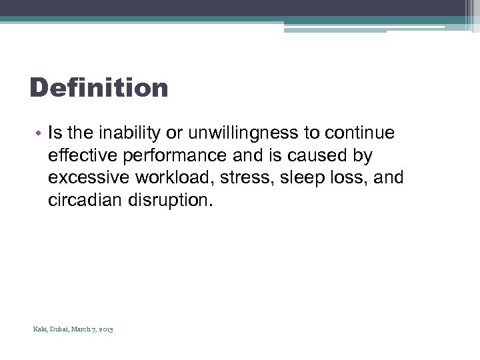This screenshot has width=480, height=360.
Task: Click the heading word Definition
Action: pos(99,87)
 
